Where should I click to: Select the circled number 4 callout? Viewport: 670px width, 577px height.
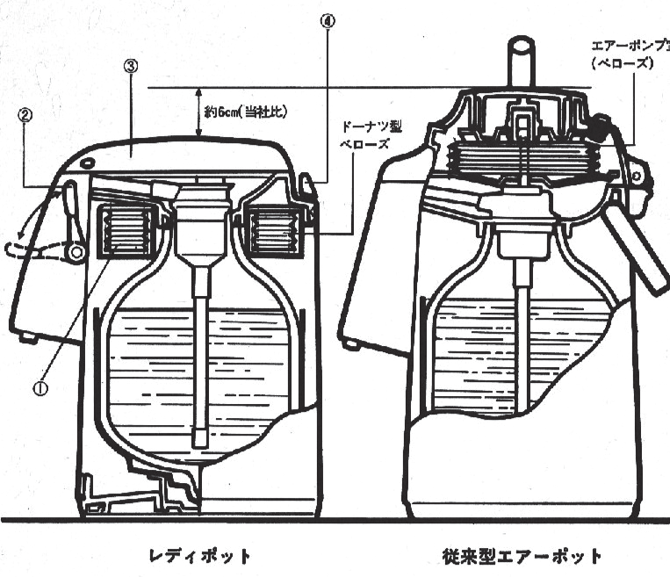point(328,19)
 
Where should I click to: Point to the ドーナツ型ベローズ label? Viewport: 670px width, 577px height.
point(373,134)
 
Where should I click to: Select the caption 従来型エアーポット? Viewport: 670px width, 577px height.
point(522,556)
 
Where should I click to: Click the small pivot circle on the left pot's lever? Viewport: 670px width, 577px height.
point(77,253)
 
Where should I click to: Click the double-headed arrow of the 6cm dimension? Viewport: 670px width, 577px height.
point(200,112)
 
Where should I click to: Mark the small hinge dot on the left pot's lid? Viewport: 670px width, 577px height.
point(86,164)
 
